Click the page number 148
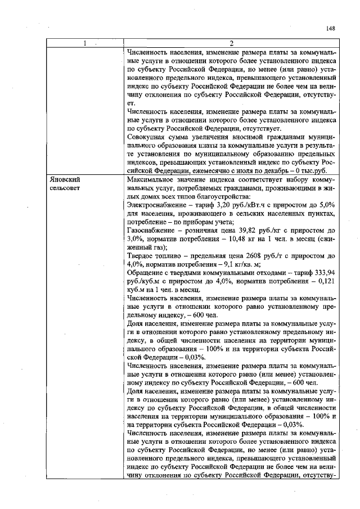click(330, 29)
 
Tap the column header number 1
click(85, 43)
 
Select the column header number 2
click(231, 43)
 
